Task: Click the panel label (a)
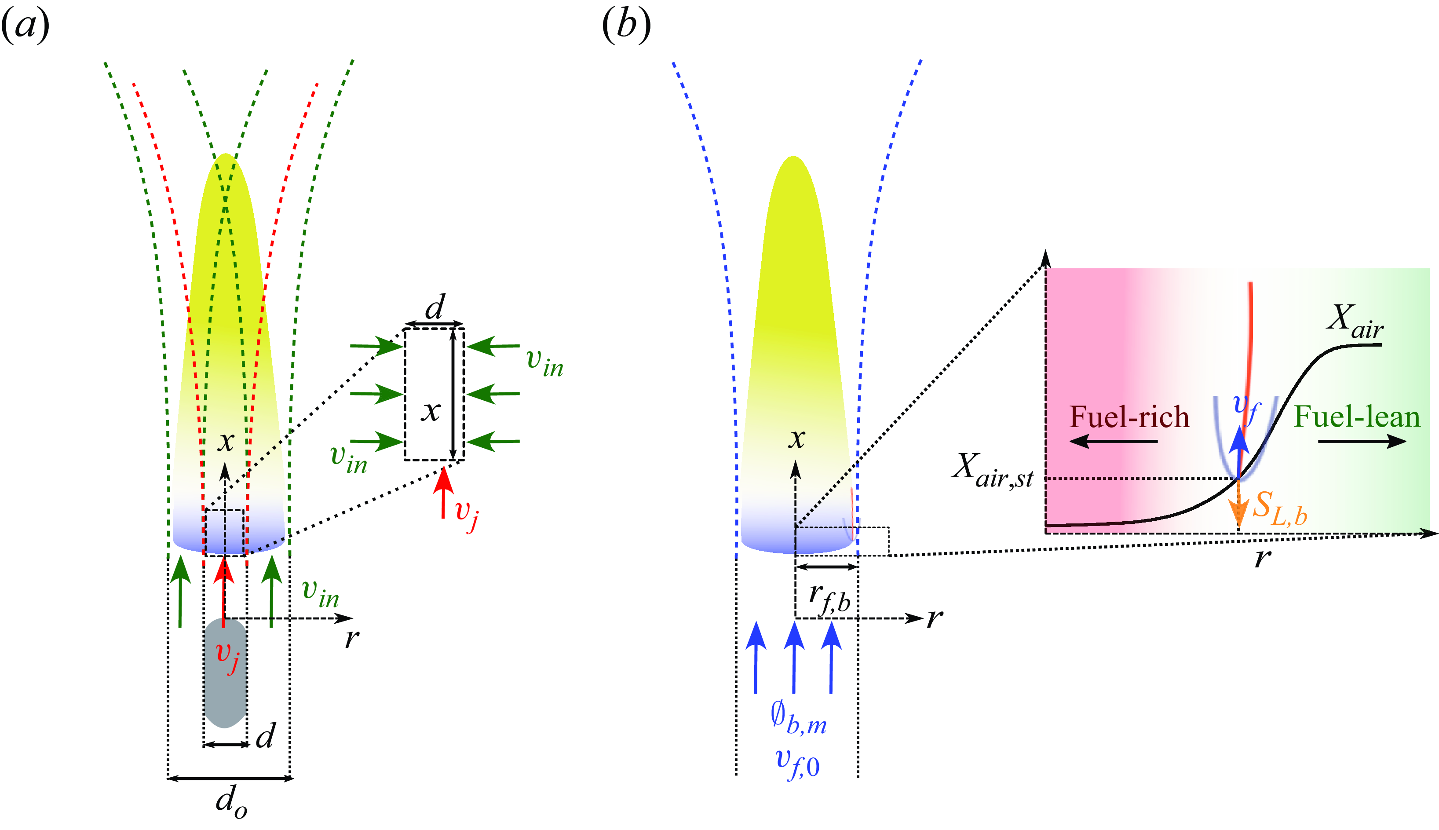point(26,26)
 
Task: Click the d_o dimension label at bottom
point(231,801)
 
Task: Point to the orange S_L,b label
point(1279,507)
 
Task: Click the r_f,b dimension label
point(829,599)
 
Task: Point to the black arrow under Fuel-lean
point(1362,441)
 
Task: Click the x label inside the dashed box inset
point(431,410)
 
